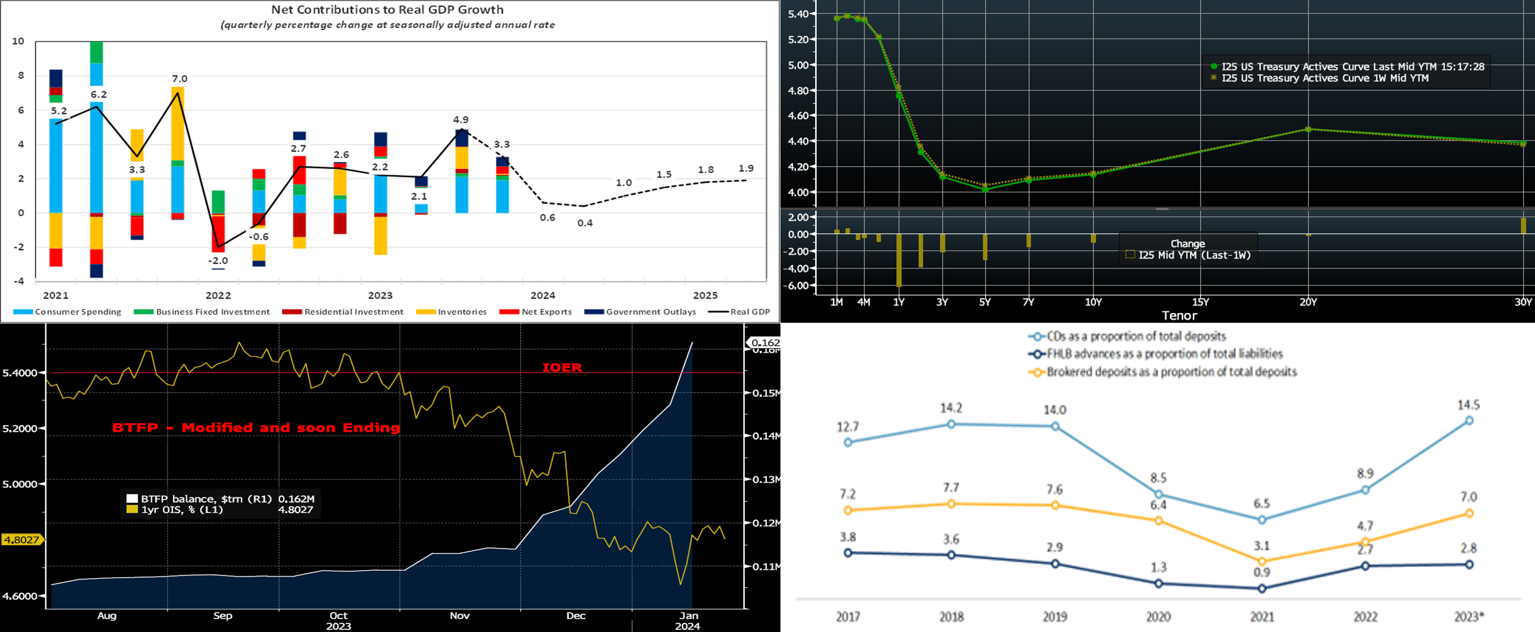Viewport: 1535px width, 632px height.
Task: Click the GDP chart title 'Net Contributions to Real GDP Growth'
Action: click(x=387, y=9)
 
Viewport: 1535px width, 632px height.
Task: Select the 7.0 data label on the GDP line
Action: click(x=179, y=79)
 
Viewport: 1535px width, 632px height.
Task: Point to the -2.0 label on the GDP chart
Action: click(x=218, y=261)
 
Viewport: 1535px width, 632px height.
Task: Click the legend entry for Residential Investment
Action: click(x=353, y=312)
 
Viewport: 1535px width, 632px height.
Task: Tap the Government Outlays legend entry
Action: click(x=650, y=312)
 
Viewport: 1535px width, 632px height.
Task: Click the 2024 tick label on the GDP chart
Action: click(x=543, y=295)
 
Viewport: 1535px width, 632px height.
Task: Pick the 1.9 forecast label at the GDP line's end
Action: click(x=746, y=168)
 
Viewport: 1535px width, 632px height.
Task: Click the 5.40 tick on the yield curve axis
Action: click(x=798, y=14)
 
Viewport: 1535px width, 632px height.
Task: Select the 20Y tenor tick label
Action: click(x=1308, y=302)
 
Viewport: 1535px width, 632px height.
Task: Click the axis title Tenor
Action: click(x=1179, y=316)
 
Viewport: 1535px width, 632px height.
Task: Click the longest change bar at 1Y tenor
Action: click(x=898, y=260)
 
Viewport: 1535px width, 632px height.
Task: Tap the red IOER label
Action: click(x=562, y=367)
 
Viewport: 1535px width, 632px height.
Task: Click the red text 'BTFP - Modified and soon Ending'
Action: click(x=256, y=428)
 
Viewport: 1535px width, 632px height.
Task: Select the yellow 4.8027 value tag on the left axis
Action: click(x=21, y=540)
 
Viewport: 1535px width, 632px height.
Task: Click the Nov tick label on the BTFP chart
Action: click(x=459, y=616)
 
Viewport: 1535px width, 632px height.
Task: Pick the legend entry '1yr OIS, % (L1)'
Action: click(x=182, y=510)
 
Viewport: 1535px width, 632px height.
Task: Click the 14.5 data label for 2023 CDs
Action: click(x=1468, y=405)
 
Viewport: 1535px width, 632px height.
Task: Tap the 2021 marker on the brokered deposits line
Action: click(x=1262, y=561)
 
